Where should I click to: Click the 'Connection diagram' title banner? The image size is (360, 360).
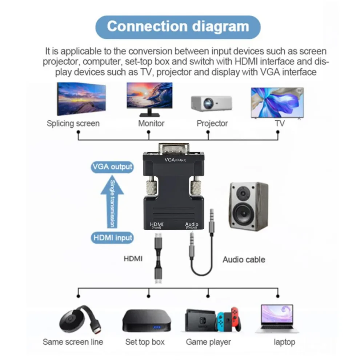(178, 27)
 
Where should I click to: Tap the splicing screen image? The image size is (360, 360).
(81, 99)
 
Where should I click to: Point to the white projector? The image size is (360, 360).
(211, 103)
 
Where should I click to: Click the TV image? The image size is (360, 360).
(277, 103)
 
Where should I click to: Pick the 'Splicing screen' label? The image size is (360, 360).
(73, 123)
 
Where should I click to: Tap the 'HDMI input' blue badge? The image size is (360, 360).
(112, 238)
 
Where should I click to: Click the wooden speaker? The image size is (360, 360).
(248, 206)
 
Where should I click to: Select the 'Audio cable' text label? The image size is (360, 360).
(244, 260)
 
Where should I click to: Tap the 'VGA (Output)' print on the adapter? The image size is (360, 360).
(175, 160)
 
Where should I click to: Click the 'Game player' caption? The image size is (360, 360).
(208, 342)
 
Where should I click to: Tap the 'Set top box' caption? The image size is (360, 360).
(145, 342)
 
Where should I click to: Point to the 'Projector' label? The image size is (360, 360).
(212, 123)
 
